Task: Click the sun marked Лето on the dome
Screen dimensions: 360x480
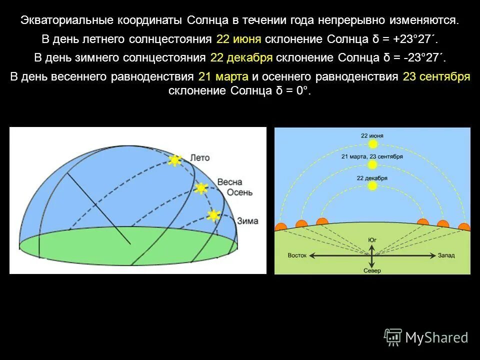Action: (x=174, y=160)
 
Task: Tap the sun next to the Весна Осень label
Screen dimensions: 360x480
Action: (x=201, y=188)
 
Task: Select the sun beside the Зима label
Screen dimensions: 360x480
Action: (x=213, y=215)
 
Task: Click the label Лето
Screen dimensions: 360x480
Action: (x=200, y=157)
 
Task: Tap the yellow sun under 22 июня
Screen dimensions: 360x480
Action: (x=372, y=144)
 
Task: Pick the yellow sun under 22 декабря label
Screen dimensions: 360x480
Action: (x=372, y=186)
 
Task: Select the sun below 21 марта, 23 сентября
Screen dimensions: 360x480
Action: (x=372, y=164)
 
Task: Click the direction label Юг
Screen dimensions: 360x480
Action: (x=372, y=240)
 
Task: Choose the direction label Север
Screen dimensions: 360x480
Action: (x=372, y=270)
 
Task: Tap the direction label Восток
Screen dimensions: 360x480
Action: (x=297, y=255)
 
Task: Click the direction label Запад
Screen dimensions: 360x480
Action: (x=446, y=255)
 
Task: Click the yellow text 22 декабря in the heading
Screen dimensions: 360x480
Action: (x=241, y=57)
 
